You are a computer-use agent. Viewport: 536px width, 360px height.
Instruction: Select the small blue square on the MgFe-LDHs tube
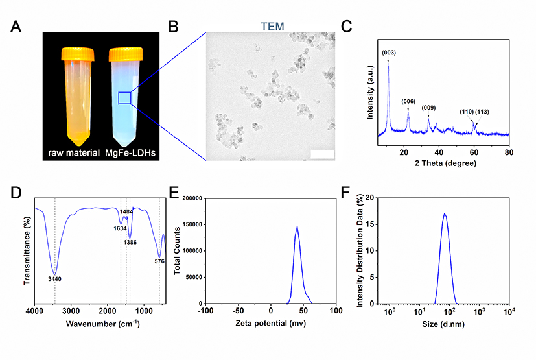click(125, 98)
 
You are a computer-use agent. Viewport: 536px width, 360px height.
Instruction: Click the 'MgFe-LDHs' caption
click(127, 153)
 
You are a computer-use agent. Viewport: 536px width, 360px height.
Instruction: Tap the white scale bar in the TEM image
click(322, 154)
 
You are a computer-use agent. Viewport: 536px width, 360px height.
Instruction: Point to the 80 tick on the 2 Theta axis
click(509, 152)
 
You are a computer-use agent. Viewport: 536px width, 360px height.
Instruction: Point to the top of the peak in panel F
click(444, 213)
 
